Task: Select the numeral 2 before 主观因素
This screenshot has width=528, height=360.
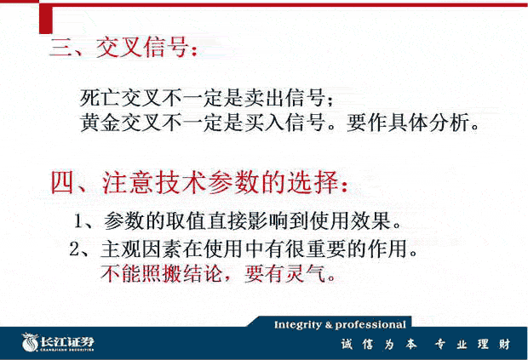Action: click(x=74, y=249)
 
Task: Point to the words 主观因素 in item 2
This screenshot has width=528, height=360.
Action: click(x=141, y=249)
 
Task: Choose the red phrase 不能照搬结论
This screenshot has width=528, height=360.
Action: click(x=161, y=273)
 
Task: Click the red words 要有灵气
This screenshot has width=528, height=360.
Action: click(x=285, y=273)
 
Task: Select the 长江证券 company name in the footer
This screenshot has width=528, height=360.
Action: click(x=67, y=341)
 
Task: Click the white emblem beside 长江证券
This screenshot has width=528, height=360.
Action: click(x=30, y=342)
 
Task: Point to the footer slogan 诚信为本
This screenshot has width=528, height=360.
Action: click(x=379, y=344)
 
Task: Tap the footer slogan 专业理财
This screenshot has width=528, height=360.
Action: click(x=473, y=344)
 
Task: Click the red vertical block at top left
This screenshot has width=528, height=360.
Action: click(x=46, y=19)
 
